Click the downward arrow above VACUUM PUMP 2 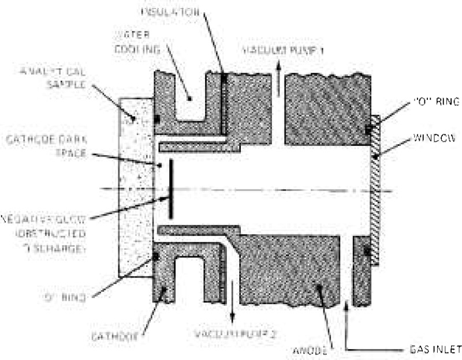233,306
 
